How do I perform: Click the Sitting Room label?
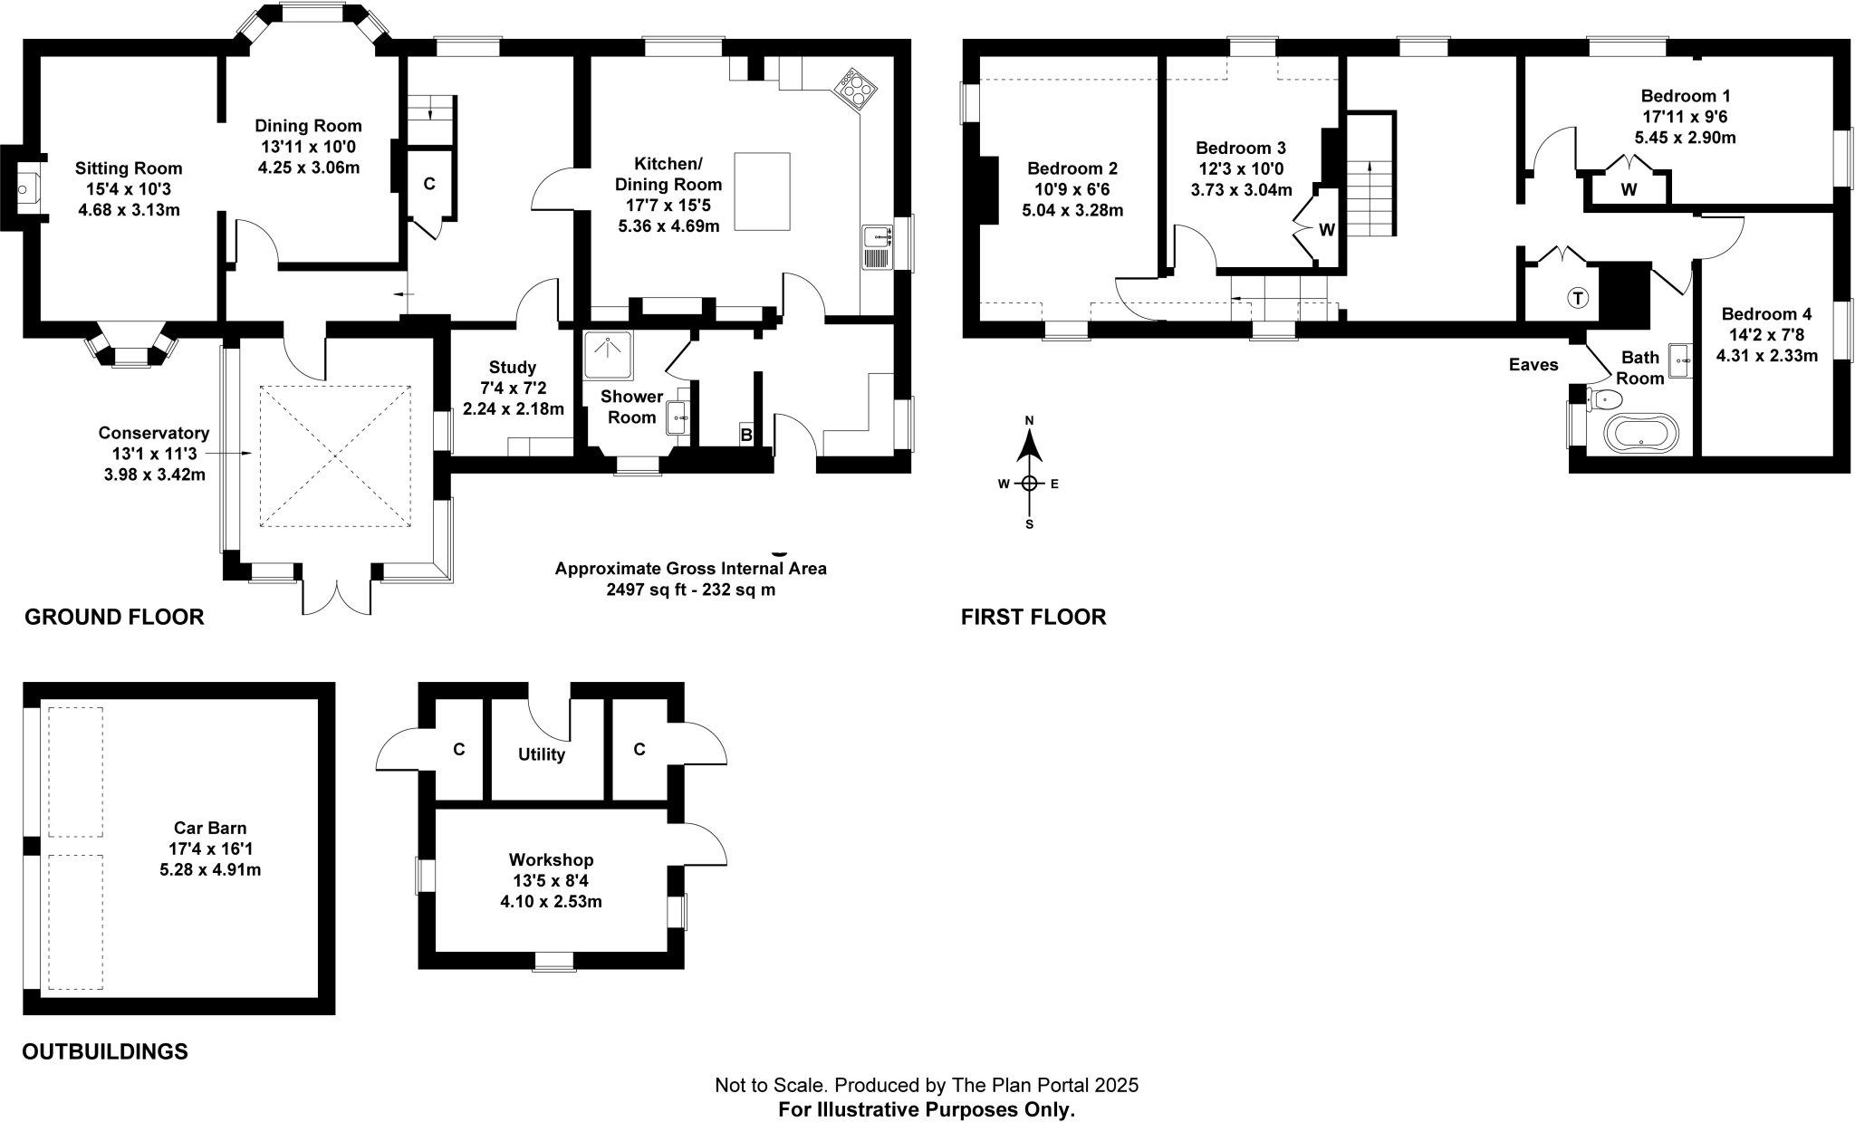tap(129, 168)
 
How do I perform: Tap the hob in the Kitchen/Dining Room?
tap(856, 88)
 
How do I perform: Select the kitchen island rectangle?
tap(762, 191)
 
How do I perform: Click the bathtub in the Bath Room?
tap(1640, 433)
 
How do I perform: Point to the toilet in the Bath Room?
tap(1603, 399)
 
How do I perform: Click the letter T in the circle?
tap(1578, 297)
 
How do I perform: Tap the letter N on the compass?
tap(1029, 421)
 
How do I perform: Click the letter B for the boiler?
tap(746, 436)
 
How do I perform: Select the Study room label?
tap(513, 368)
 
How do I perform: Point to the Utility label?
tap(542, 754)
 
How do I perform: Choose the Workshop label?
tap(551, 859)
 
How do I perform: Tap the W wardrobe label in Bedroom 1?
tap(1629, 190)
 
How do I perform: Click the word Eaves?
tap(1533, 365)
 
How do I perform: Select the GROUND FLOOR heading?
tap(114, 618)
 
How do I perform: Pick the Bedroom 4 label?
tap(1766, 314)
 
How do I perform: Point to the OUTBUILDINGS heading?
tap(105, 1051)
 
